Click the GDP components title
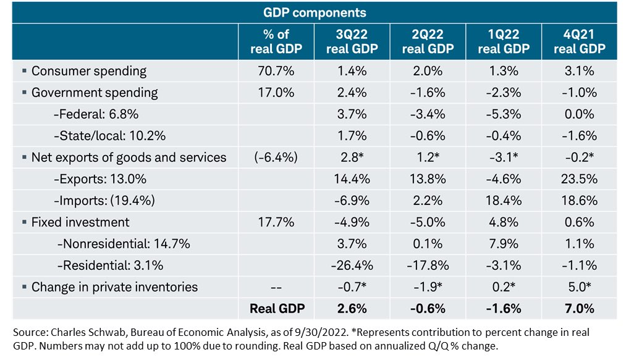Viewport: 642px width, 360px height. pyautogui.click(x=315, y=12)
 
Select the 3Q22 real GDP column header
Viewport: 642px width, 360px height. pyautogui.click(x=352, y=41)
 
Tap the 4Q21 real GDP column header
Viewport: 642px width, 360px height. pyautogui.click(x=579, y=41)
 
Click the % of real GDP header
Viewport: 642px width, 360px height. pyautogui.click(x=276, y=41)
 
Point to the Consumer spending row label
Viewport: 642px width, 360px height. pyautogui.click(x=89, y=71)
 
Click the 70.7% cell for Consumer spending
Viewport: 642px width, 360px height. pyautogui.click(x=276, y=71)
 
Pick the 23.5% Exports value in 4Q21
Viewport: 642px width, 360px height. pyautogui.click(x=579, y=179)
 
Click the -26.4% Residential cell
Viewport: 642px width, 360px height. pyautogui.click(x=352, y=266)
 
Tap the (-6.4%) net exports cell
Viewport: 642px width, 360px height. pyautogui.click(x=276, y=157)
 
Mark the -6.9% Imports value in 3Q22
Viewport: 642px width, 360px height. pyautogui.click(x=352, y=201)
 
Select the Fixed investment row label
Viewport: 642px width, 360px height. pyautogui.click(x=80, y=222)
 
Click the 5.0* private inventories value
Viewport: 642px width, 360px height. pyautogui.click(x=579, y=287)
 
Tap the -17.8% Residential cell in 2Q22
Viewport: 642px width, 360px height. pyautogui.click(x=427, y=266)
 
